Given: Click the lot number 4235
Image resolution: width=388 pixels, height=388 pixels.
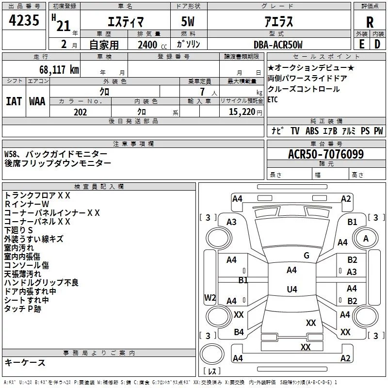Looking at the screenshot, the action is pos(24,20).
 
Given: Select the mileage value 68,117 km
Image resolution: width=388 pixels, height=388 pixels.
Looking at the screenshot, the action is pos(59,70).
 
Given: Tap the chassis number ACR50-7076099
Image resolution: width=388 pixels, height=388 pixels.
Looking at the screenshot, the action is pos(326,154).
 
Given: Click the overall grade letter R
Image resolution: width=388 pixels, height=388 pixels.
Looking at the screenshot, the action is pos(370,22).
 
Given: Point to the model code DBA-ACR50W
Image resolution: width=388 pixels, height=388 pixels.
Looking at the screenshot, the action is pos(278,45).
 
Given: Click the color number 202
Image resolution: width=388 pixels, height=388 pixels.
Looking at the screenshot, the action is pos(80,112).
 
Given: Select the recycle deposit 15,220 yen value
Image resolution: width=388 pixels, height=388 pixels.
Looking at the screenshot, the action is pos(245,112).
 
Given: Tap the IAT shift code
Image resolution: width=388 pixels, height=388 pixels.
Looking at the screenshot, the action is pos(14,101).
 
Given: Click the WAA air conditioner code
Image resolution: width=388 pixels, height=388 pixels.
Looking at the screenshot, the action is pos(37,101).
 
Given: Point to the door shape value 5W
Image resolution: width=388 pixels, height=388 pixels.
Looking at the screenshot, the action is pos(188,21).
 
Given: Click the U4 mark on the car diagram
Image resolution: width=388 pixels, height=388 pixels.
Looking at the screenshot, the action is pos(292,289).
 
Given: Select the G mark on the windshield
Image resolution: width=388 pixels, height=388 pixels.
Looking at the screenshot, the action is pos(307,256).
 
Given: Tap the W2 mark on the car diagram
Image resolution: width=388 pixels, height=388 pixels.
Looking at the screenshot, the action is pos(210,298).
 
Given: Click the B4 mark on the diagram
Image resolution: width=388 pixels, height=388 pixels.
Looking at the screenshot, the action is pos(239,332).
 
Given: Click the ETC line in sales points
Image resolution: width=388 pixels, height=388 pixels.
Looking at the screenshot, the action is pos(273,100).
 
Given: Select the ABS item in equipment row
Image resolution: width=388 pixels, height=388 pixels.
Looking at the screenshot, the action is pos(312,131).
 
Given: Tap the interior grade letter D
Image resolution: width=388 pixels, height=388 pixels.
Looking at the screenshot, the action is pos(377,44).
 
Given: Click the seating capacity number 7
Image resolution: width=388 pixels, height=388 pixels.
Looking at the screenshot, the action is pos(202,92).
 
